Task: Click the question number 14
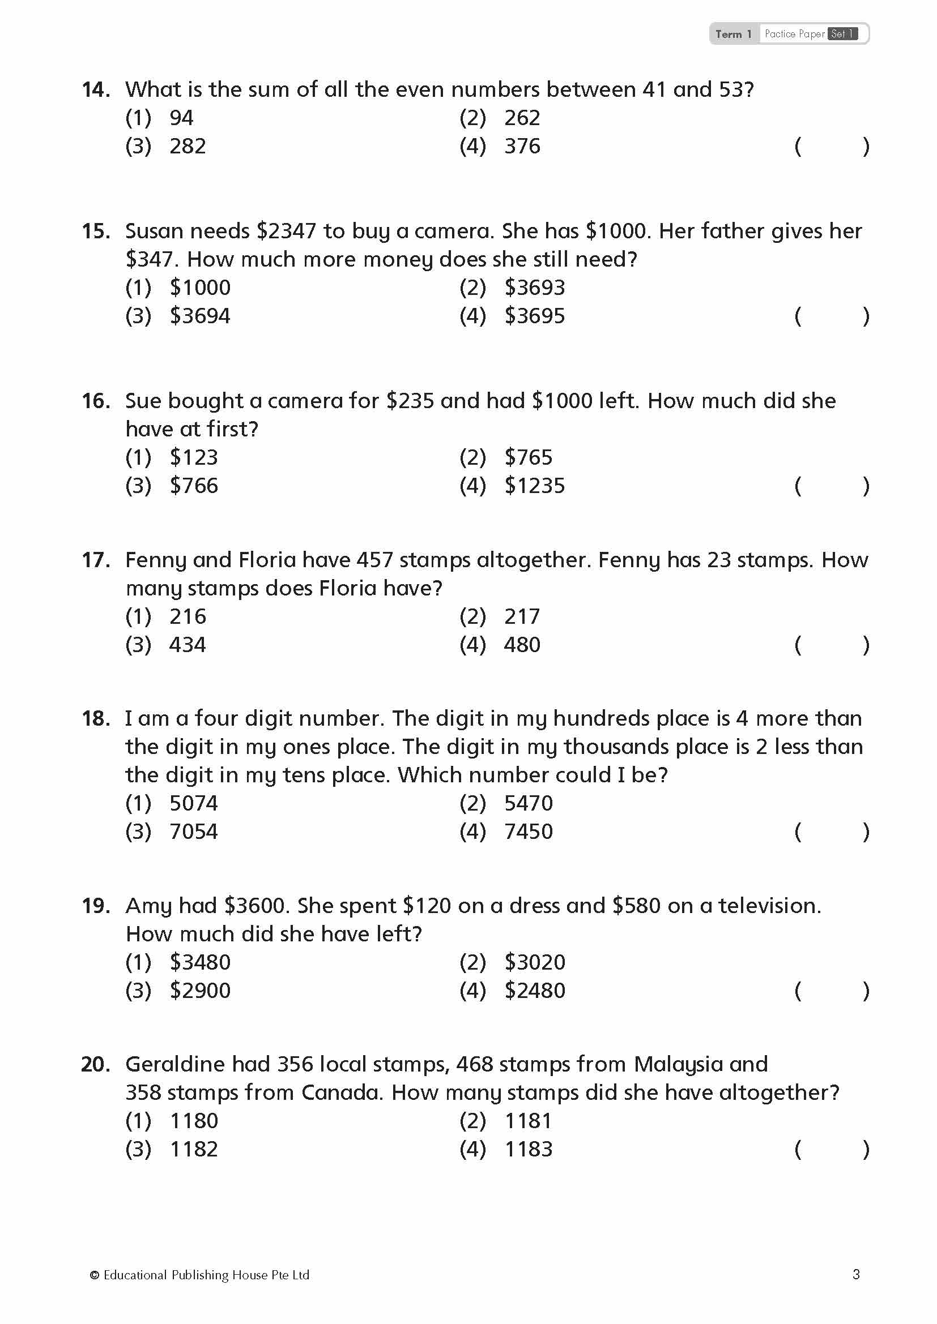click(95, 89)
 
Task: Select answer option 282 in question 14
click(187, 147)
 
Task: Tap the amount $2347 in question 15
click(286, 232)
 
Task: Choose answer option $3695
click(534, 316)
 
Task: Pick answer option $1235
click(534, 486)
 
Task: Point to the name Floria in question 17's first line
click(267, 560)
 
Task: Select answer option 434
click(187, 645)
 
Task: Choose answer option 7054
click(193, 832)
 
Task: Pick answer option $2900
click(199, 991)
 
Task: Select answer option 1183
click(529, 1149)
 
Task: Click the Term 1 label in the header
click(733, 34)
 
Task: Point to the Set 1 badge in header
click(842, 34)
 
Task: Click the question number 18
click(95, 718)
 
